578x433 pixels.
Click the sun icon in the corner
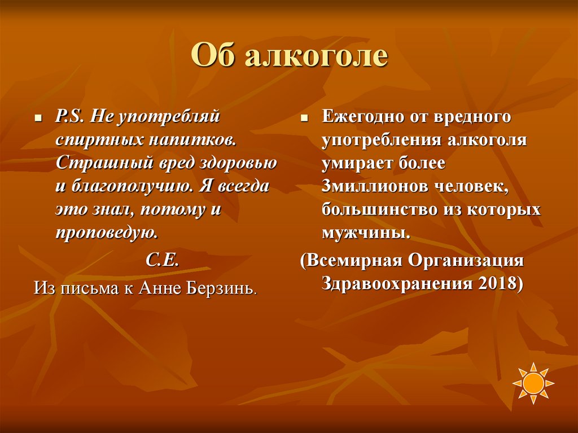click(x=533, y=383)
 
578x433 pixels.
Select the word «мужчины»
click(x=365, y=232)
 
